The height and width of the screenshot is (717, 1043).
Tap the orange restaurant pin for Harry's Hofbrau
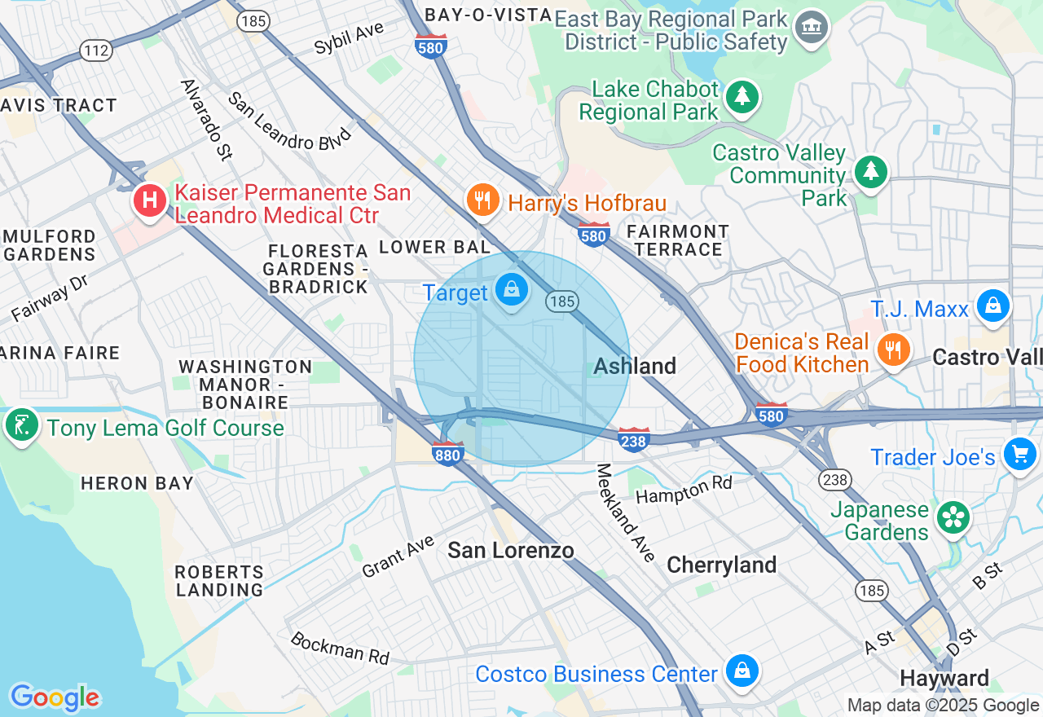(x=482, y=200)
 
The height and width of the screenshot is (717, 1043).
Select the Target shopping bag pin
(x=511, y=290)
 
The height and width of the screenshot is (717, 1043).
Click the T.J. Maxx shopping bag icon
(x=992, y=306)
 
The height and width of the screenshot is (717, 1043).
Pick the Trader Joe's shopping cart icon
(x=1019, y=454)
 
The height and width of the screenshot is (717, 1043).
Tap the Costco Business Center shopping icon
(x=742, y=671)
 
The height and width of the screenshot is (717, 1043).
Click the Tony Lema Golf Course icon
(x=21, y=424)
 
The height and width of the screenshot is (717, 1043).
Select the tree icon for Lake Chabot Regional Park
(x=742, y=97)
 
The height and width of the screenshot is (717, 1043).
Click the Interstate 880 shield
(x=448, y=453)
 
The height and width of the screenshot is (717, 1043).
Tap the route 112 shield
(x=96, y=51)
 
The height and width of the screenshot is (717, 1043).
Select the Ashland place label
(x=635, y=366)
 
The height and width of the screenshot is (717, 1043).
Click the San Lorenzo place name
(x=511, y=551)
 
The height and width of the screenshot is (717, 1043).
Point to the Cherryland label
(x=721, y=565)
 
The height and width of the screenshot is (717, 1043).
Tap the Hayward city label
(x=944, y=678)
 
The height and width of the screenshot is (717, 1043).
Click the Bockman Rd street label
(x=340, y=648)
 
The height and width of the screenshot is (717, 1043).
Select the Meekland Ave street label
(x=626, y=512)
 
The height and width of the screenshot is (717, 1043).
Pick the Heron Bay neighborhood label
(x=137, y=483)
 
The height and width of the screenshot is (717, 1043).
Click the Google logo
(x=55, y=697)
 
